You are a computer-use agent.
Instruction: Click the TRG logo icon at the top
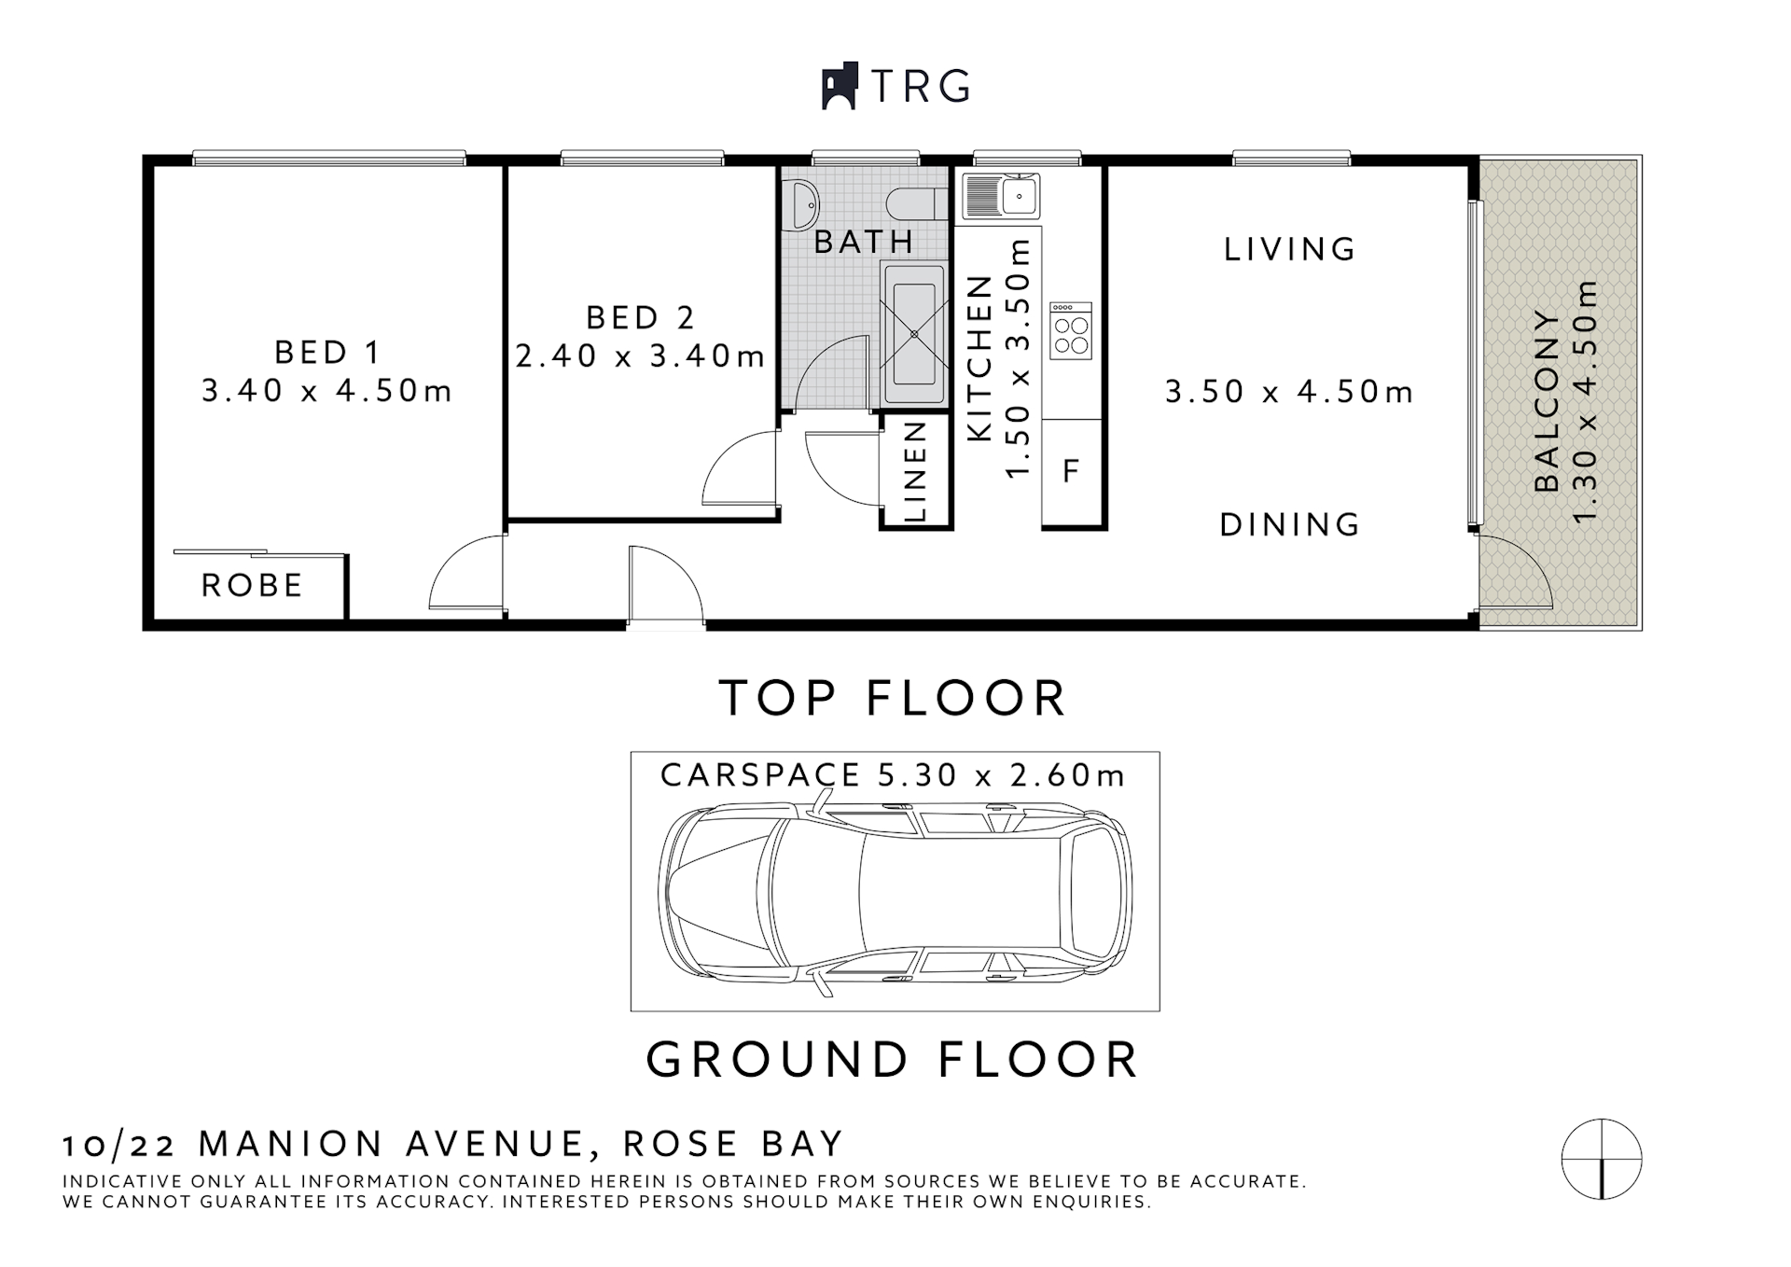coord(839,87)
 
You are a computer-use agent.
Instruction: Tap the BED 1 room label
coord(326,353)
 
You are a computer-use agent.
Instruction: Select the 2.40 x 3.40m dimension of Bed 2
coord(640,355)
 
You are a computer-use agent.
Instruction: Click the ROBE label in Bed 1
coord(252,586)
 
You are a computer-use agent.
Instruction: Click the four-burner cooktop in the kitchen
coord(1071,332)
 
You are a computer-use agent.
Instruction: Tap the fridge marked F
coord(1071,471)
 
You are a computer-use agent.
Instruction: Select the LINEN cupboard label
coord(915,472)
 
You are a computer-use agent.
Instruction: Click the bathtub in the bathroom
coord(913,333)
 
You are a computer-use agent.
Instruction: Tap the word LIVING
coord(1290,249)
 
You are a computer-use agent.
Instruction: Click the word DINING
coord(1290,525)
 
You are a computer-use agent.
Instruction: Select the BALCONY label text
coord(1547,401)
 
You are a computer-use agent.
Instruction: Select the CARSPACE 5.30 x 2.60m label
coord(893,775)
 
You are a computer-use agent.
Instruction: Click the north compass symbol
coord(1601,1159)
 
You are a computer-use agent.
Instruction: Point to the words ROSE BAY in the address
coord(733,1144)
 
